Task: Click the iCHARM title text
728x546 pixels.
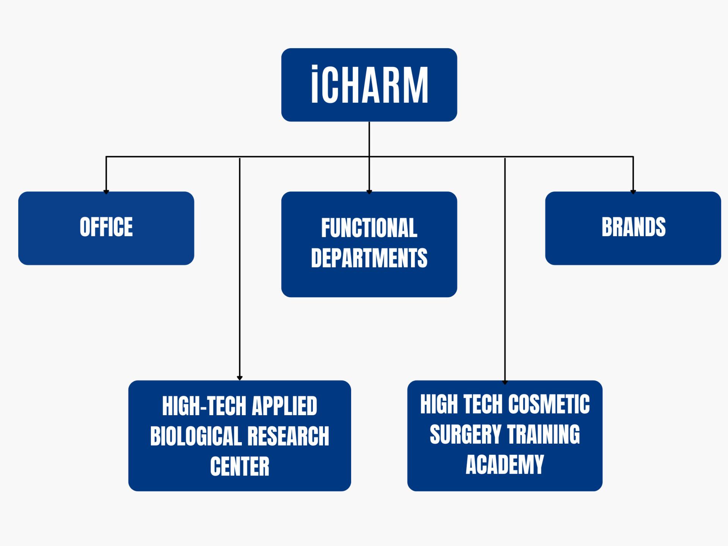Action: tap(369, 85)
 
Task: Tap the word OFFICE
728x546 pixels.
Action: tap(106, 227)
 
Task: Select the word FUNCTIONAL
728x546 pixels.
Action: tap(369, 228)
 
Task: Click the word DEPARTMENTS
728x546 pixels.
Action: tap(369, 258)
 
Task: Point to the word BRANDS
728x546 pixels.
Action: tap(634, 227)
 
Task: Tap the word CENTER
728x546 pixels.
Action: tap(240, 466)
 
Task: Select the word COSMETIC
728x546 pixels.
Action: tap(549, 404)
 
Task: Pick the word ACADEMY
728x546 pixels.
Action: tap(505, 464)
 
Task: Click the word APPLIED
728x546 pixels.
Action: tap(284, 406)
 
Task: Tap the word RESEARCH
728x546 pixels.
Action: tap(288, 436)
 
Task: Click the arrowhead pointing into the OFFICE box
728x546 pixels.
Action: tap(106, 192)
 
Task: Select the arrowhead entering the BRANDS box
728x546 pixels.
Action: tap(633, 192)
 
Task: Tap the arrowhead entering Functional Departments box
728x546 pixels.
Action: tap(369, 192)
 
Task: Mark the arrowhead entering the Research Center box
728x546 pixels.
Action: tap(240, 378)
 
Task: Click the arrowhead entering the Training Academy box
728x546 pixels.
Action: tap(505, 382)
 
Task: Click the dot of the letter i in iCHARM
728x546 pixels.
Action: tap(314, 69)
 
